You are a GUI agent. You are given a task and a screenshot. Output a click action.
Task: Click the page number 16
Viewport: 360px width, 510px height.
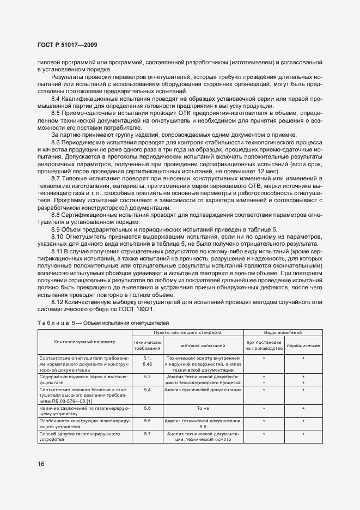(41, 464)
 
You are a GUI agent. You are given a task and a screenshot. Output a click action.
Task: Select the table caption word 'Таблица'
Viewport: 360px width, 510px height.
(53, 323)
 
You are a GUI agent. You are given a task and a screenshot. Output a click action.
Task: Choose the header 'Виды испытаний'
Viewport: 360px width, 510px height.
(283, 332)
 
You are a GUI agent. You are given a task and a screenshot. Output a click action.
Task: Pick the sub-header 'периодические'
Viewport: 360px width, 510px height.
(303, 345)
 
